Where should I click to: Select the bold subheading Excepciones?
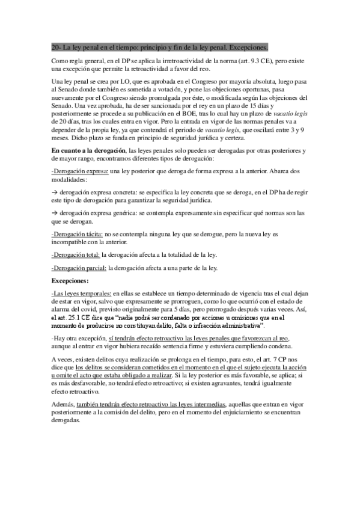point(70,280)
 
